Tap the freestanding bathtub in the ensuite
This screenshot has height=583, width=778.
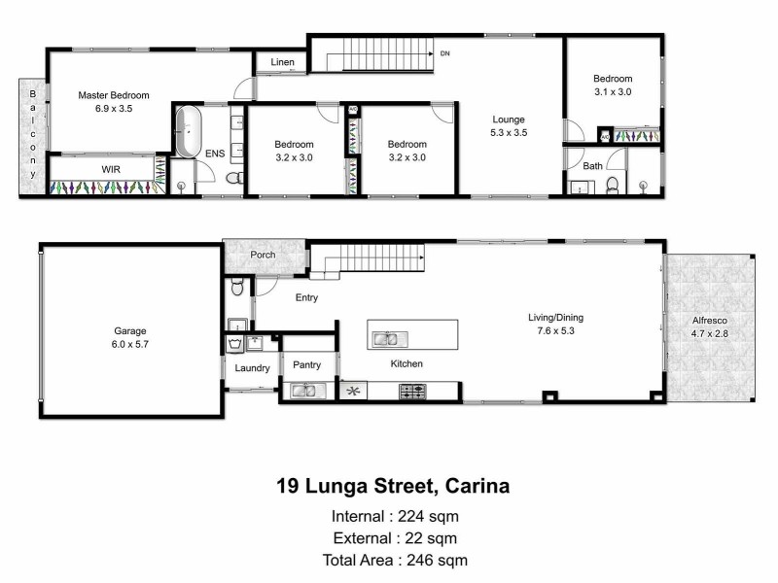pos(187,132)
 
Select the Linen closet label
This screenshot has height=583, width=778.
pos(282,62)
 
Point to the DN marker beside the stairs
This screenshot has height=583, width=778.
pos(444,53)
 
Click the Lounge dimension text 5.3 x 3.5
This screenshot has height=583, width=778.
pos(509,133)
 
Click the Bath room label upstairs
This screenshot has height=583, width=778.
pos(592,166)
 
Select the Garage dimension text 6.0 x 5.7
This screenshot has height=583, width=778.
pos(129,344)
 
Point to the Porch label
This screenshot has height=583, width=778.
pos(263,256)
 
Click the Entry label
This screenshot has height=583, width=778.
pos(306,298)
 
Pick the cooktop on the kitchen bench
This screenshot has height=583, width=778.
pos(413,392)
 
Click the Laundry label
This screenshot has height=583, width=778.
pos(252,368)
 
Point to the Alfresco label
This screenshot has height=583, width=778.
pos(709,320)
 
